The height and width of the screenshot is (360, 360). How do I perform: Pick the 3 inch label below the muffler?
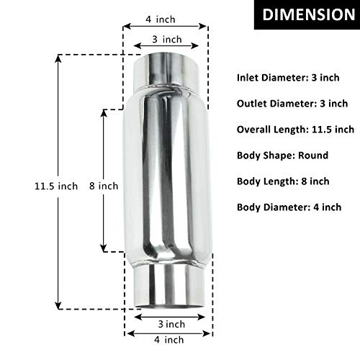(168, 323)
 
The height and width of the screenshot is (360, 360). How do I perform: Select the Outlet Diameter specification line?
(292, 103)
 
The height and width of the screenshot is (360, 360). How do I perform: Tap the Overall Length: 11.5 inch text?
(295, 130)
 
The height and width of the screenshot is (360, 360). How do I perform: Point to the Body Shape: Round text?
(282, 156)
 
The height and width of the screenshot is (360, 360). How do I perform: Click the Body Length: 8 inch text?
(283, 181)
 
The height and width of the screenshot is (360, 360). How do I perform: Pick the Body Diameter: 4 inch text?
(289, 207)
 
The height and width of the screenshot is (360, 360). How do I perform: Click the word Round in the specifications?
(314, 156)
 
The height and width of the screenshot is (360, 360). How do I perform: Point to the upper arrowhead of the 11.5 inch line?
(58, 58)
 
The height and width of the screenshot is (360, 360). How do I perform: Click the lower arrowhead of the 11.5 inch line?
(58, 305)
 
